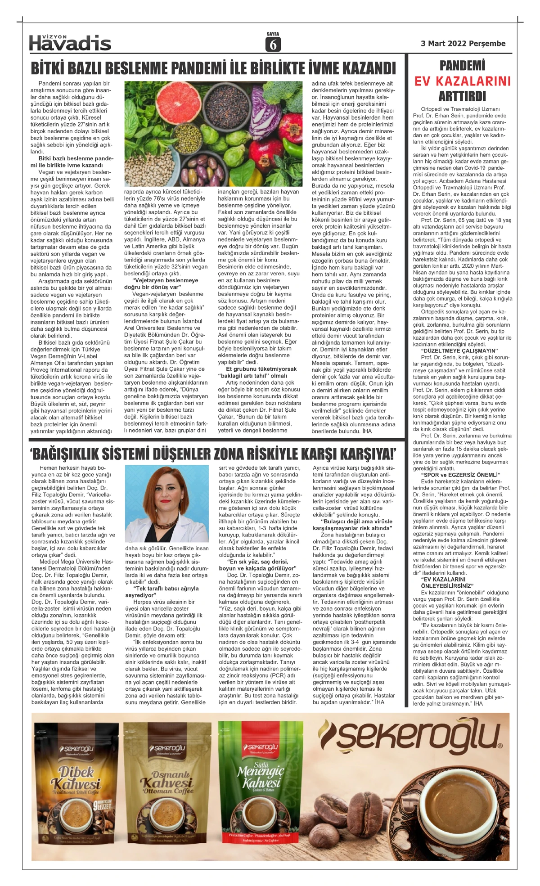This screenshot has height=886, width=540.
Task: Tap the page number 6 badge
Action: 273,44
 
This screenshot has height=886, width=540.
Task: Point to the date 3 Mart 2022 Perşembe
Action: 463,44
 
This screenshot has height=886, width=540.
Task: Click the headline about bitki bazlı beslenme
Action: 213,68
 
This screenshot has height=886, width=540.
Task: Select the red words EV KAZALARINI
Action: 463,81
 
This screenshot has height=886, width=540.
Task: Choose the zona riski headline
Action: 213,453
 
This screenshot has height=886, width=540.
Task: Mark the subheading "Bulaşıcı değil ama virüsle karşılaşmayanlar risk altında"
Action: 352,524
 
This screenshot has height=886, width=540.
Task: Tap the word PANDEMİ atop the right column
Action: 462,66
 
